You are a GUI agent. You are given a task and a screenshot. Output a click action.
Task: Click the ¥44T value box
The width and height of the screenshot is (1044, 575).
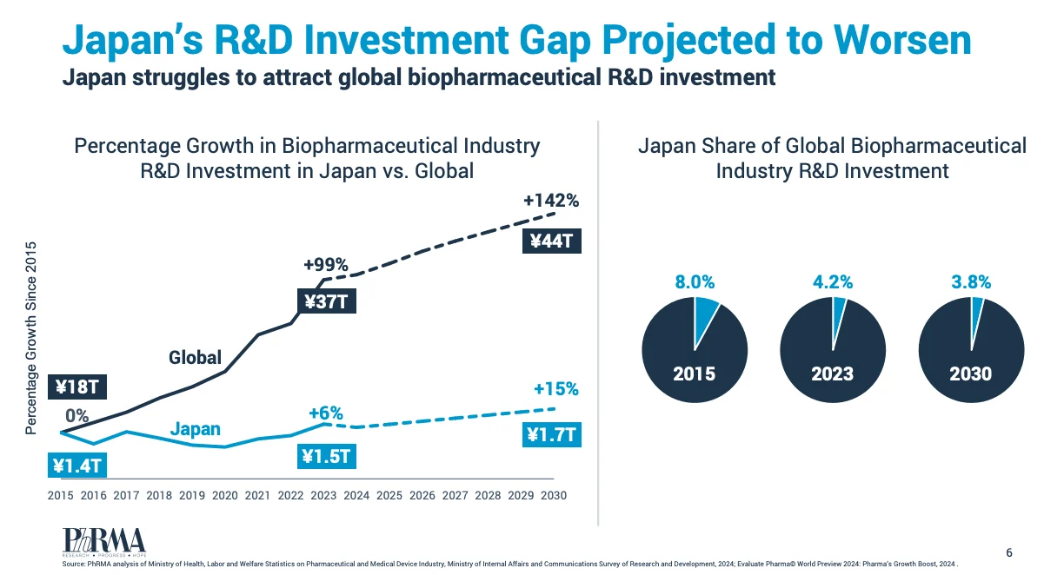[x=551, y=241]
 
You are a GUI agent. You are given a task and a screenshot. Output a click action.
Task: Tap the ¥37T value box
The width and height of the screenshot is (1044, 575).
[x=327, y=301]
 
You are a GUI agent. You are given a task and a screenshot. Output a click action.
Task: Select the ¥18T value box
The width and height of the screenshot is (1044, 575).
[x=77, y=387]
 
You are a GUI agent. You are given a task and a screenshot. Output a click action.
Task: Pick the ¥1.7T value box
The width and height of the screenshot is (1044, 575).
[x=552, y=435]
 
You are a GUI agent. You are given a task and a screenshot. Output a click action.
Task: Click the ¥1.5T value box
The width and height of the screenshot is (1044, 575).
[x=327, y=456]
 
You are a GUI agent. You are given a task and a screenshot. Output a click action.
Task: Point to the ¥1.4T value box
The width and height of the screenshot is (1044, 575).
[x=77, y=465]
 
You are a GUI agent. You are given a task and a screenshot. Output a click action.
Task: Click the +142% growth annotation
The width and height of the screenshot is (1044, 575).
[x=551, y=201]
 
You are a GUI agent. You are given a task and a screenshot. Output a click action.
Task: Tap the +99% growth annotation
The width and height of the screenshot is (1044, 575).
[x=326, y=265]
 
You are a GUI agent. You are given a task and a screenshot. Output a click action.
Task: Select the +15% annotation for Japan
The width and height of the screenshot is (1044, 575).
[x=556, y=389]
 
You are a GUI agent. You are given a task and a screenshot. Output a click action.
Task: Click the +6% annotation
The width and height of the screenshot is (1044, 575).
[x=326, y=413]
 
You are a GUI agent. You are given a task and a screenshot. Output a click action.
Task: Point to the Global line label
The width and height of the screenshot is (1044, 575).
[x=195, y=358]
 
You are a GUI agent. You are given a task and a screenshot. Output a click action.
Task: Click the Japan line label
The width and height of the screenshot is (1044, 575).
[x=195, y=429]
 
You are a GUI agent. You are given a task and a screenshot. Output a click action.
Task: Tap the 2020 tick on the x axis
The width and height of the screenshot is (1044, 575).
[x=225, y=495]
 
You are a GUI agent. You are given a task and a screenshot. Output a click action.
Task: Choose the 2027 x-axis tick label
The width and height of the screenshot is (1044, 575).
[x=455, y=495]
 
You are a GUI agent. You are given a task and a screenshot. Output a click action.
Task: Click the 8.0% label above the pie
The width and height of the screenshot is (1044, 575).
[x=695, y=282]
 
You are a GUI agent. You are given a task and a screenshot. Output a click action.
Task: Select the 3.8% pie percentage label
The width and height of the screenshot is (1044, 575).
[x=971, y=282]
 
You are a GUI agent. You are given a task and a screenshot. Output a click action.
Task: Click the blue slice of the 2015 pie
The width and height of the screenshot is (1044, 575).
[x=703, y=318]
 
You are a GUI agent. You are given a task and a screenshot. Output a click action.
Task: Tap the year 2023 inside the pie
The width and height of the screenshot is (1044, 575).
[x=833, y=373]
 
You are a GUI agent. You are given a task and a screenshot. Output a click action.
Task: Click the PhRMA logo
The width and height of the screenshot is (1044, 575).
[x=104, y=542]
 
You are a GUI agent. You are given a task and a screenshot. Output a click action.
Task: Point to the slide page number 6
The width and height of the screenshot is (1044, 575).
[x=1009, y=552]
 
